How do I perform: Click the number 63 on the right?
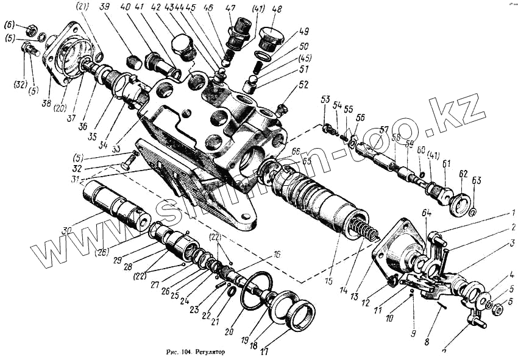477,180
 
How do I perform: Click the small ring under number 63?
474,213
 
